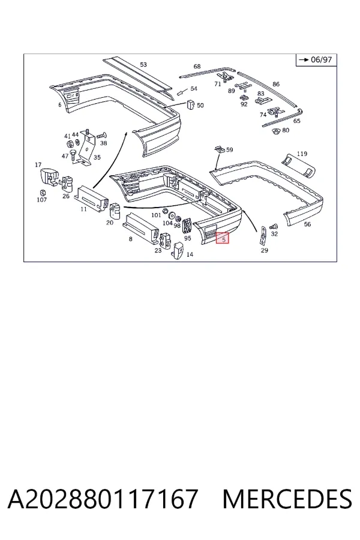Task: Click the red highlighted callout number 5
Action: pyautogui.click(x=222, y=238)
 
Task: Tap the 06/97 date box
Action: pyautogui.click(x=316, y=60)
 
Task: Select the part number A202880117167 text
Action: pyautogui.click(x=103, y=499)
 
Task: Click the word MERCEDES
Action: pyautogui.click(x=287, y=499)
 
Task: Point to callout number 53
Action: pyautogui.click(x=143, y=64)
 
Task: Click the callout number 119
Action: pyautogui.click(x=302, y=154)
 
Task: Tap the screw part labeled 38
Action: pyautogui.click(x=101, y=136)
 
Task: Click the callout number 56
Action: pyautogui.click(x=307, y=224)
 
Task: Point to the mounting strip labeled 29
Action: pyautogui.click(x=263, y=236)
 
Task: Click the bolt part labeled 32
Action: pyautogui.click(x=274, y=226)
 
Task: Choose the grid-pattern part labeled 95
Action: pyautogui.click(x=187, y=227)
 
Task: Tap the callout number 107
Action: pyautogui.click(x=41, y=200)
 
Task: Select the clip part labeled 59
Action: pyautogui.click(x=219, y=149)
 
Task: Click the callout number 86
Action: pyautogui.click(x=276, y=84)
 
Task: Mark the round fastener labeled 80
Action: pyautogui.click(x=275, y=131)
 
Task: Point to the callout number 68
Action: pyautogui.click(x=197, y=66)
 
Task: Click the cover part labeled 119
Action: pyautogui.click(x=298, y=166)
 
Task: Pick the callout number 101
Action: pyautogui.click(x=157, y=215)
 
